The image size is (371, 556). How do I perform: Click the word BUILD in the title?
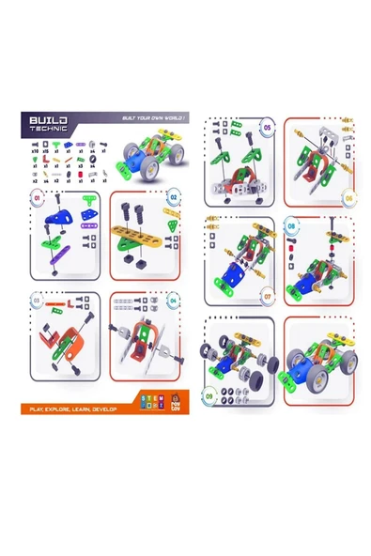pos(46,121)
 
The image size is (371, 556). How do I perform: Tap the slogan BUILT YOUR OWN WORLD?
pos(150,118)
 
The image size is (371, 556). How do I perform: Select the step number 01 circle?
pos(39,199)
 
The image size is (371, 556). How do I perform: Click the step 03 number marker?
pos(39,302)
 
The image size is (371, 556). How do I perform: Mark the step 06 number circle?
pos(348,197)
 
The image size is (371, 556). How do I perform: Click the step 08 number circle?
pos(290,226)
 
